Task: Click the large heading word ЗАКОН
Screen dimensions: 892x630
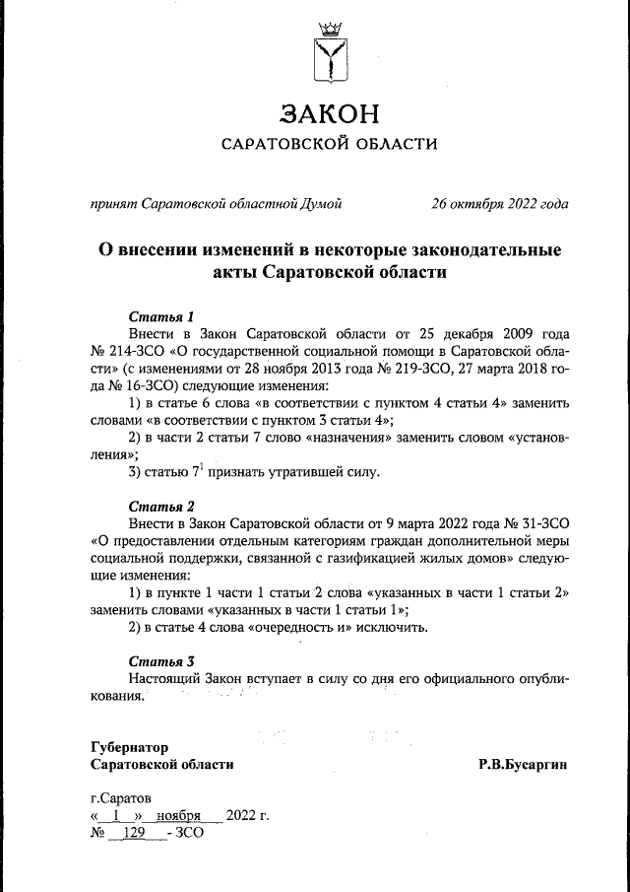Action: click(x=329, y=113)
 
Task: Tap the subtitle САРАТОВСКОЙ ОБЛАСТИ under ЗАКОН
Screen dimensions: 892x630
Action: click(x=329, y=145)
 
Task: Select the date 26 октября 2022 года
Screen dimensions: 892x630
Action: click(x=499, y=205)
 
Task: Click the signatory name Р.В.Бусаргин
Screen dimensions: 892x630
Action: click(x=523, y=764)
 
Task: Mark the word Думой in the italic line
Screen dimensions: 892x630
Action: click(x=319, y=205)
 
